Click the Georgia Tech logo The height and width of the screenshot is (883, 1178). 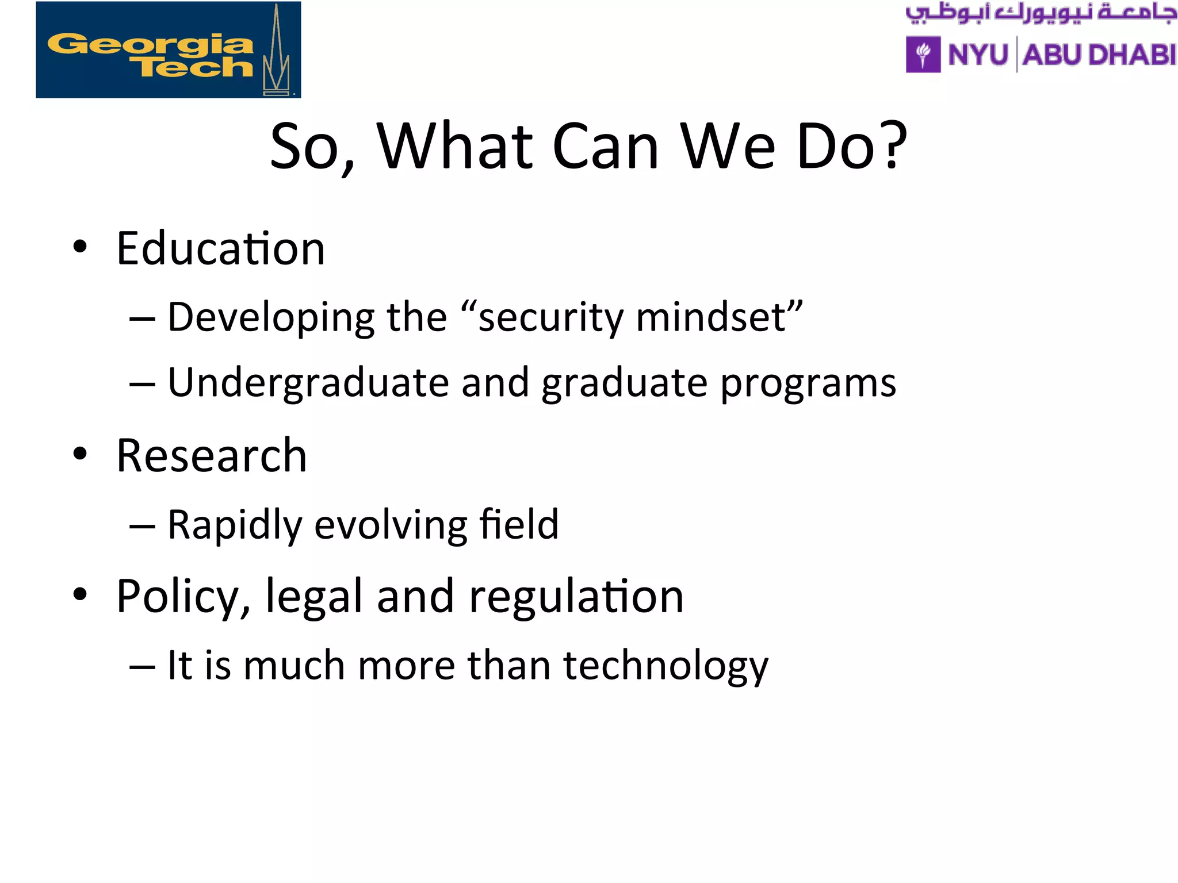(x=168, y=50)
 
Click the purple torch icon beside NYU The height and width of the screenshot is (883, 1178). (x=923, y=55)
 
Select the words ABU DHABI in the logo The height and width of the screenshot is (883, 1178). (x=1099, y=55)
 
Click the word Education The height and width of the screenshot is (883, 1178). (x=221, y=248)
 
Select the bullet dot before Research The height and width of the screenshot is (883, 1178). (x=80, y=454)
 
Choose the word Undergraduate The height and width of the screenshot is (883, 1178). (x=308, y=383)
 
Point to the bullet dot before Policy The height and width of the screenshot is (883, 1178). (x=80, y=594)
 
